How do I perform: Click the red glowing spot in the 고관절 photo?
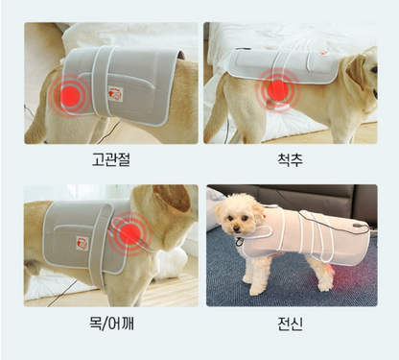point(70,97)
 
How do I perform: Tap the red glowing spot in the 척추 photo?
point(277,89)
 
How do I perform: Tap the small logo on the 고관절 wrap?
point(117,93)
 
